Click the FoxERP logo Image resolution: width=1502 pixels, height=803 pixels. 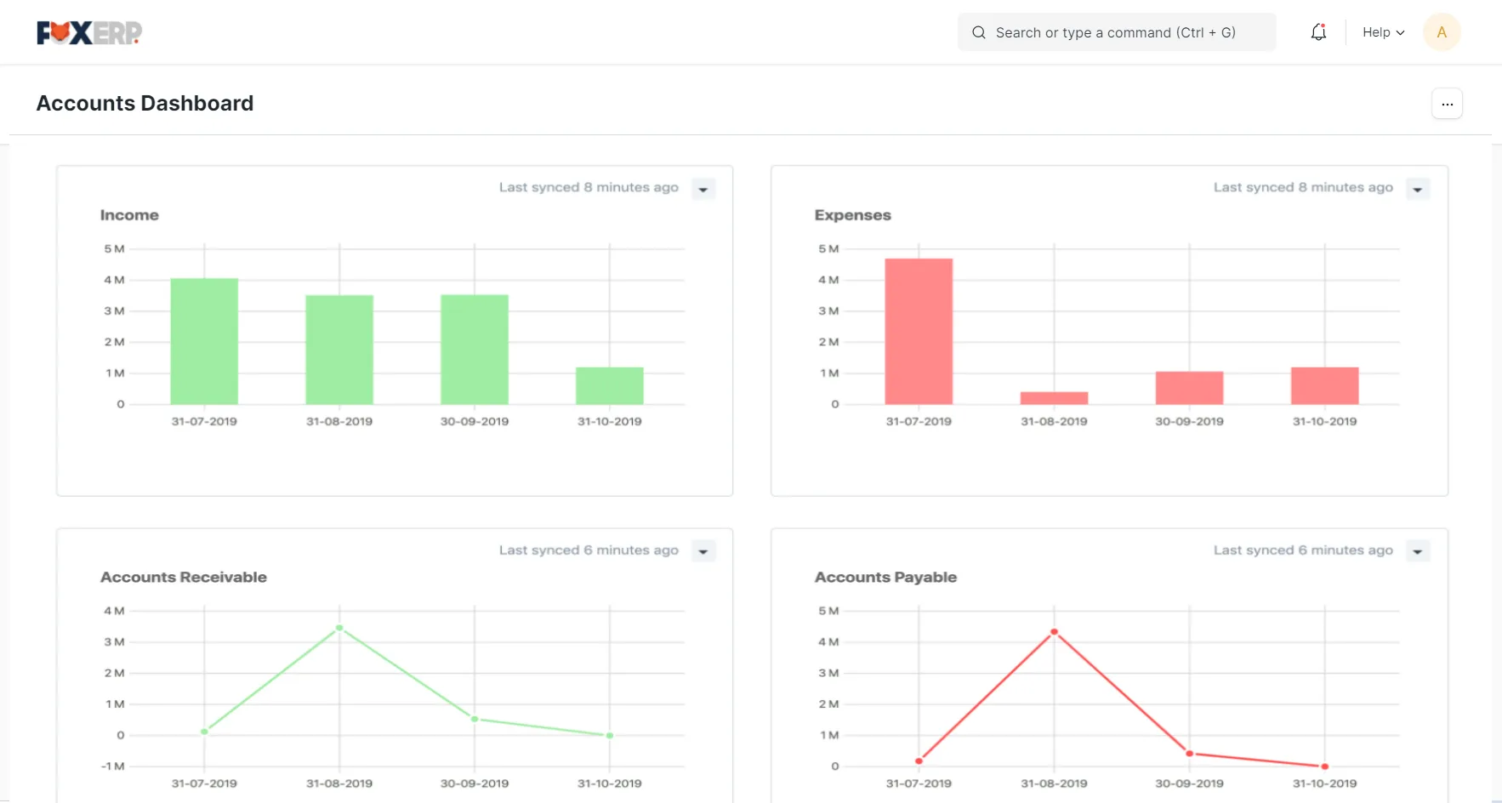click(89, 32)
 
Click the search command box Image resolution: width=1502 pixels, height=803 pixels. click(1117, 32)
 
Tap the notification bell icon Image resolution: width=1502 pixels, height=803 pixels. click(1318, 32)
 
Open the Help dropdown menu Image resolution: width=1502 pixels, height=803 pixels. click(1383, 32)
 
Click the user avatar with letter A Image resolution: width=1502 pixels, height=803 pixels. click(1442, 32)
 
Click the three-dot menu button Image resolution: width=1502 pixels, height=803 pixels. click(1447, 104)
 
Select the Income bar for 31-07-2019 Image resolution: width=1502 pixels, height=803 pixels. click(204, 341)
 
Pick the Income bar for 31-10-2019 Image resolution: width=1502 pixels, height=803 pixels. click(610, 385)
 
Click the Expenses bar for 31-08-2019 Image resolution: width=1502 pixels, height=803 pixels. click(1054, 398)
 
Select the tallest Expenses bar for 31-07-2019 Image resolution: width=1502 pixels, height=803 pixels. click(919, 331)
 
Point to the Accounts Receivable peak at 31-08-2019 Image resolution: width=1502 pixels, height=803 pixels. click(339, 628)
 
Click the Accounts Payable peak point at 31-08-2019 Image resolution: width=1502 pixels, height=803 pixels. click(1054, 632)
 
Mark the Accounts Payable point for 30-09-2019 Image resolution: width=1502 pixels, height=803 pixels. click(1189, 753)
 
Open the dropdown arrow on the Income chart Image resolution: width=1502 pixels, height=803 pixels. click(703, 189)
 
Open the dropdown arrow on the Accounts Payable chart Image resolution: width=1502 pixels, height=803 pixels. click(1418, 551)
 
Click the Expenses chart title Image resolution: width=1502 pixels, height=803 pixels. click(852, 215)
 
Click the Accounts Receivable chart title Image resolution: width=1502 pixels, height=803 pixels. click(184, 578)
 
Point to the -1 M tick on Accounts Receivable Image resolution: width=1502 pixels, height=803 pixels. click(113, 766)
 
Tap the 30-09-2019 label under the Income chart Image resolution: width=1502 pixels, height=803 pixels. click(475, 421)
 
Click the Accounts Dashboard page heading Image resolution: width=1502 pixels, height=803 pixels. click(145, 104)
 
